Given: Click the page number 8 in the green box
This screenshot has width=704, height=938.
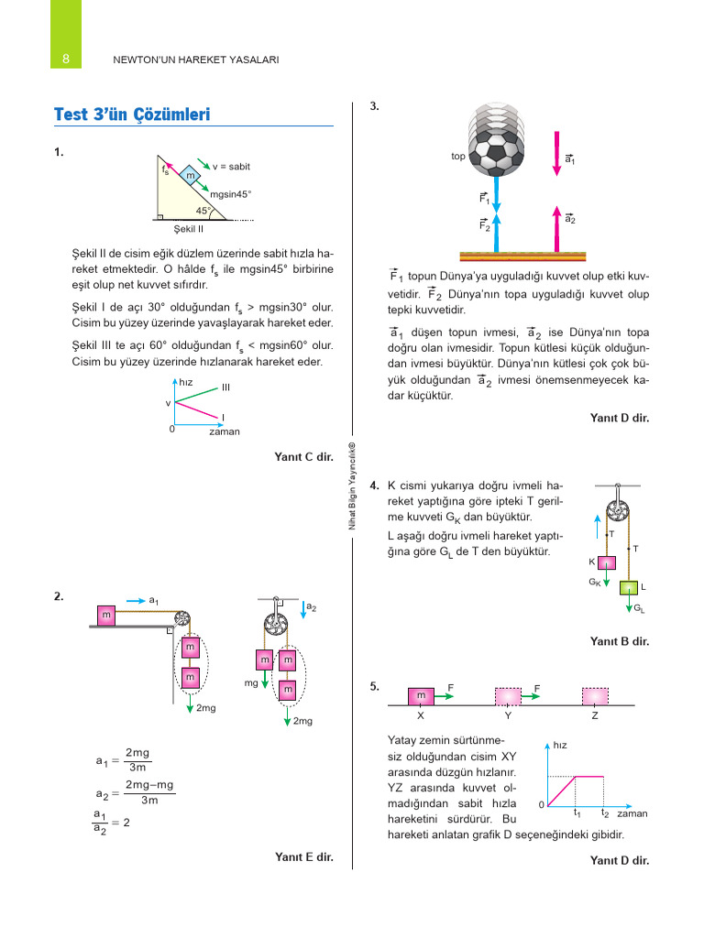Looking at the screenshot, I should point(65,60).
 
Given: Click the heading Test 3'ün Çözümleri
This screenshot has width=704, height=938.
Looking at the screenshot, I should point(133,115).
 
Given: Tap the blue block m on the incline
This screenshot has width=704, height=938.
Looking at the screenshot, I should point(191,175).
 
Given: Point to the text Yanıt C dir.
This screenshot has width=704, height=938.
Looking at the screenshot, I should point(303,456).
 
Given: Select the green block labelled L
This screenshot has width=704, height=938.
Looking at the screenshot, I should point(630,588).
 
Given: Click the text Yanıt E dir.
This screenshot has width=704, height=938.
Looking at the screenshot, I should point(303,857).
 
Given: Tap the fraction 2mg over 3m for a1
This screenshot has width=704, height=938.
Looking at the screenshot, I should point(138,759).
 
